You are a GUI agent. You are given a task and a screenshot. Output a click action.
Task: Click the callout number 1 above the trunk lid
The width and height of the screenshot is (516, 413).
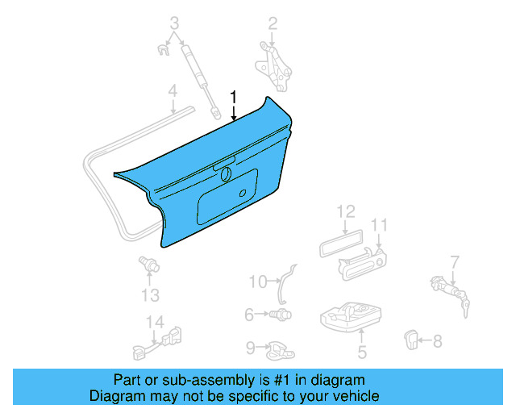[234, 98]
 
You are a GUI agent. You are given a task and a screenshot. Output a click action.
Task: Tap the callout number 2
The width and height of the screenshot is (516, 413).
[273, 23]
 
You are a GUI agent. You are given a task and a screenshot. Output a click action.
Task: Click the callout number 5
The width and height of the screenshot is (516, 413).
[362, 352]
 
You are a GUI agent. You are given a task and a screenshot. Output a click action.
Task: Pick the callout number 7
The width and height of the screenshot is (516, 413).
[455, 261]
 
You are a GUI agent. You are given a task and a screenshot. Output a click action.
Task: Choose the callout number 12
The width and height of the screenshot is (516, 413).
[345, 211]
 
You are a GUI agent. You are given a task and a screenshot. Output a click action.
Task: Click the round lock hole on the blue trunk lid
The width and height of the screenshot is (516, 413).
[227, 175]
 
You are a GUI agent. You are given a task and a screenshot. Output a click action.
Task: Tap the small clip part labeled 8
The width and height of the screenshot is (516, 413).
[411, 340]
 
